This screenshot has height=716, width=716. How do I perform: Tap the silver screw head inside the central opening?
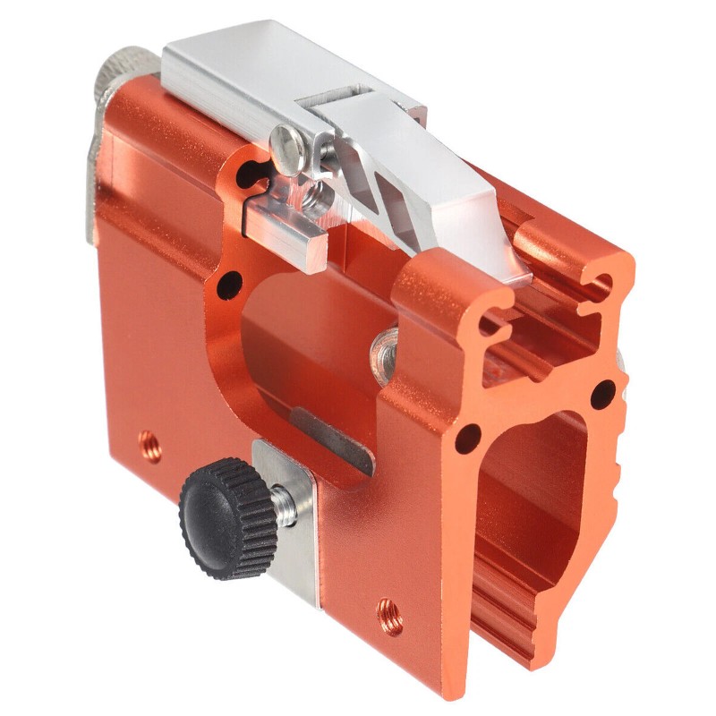click(x=387, y=345)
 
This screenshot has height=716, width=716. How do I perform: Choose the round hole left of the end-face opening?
click(x=466, y=439)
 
